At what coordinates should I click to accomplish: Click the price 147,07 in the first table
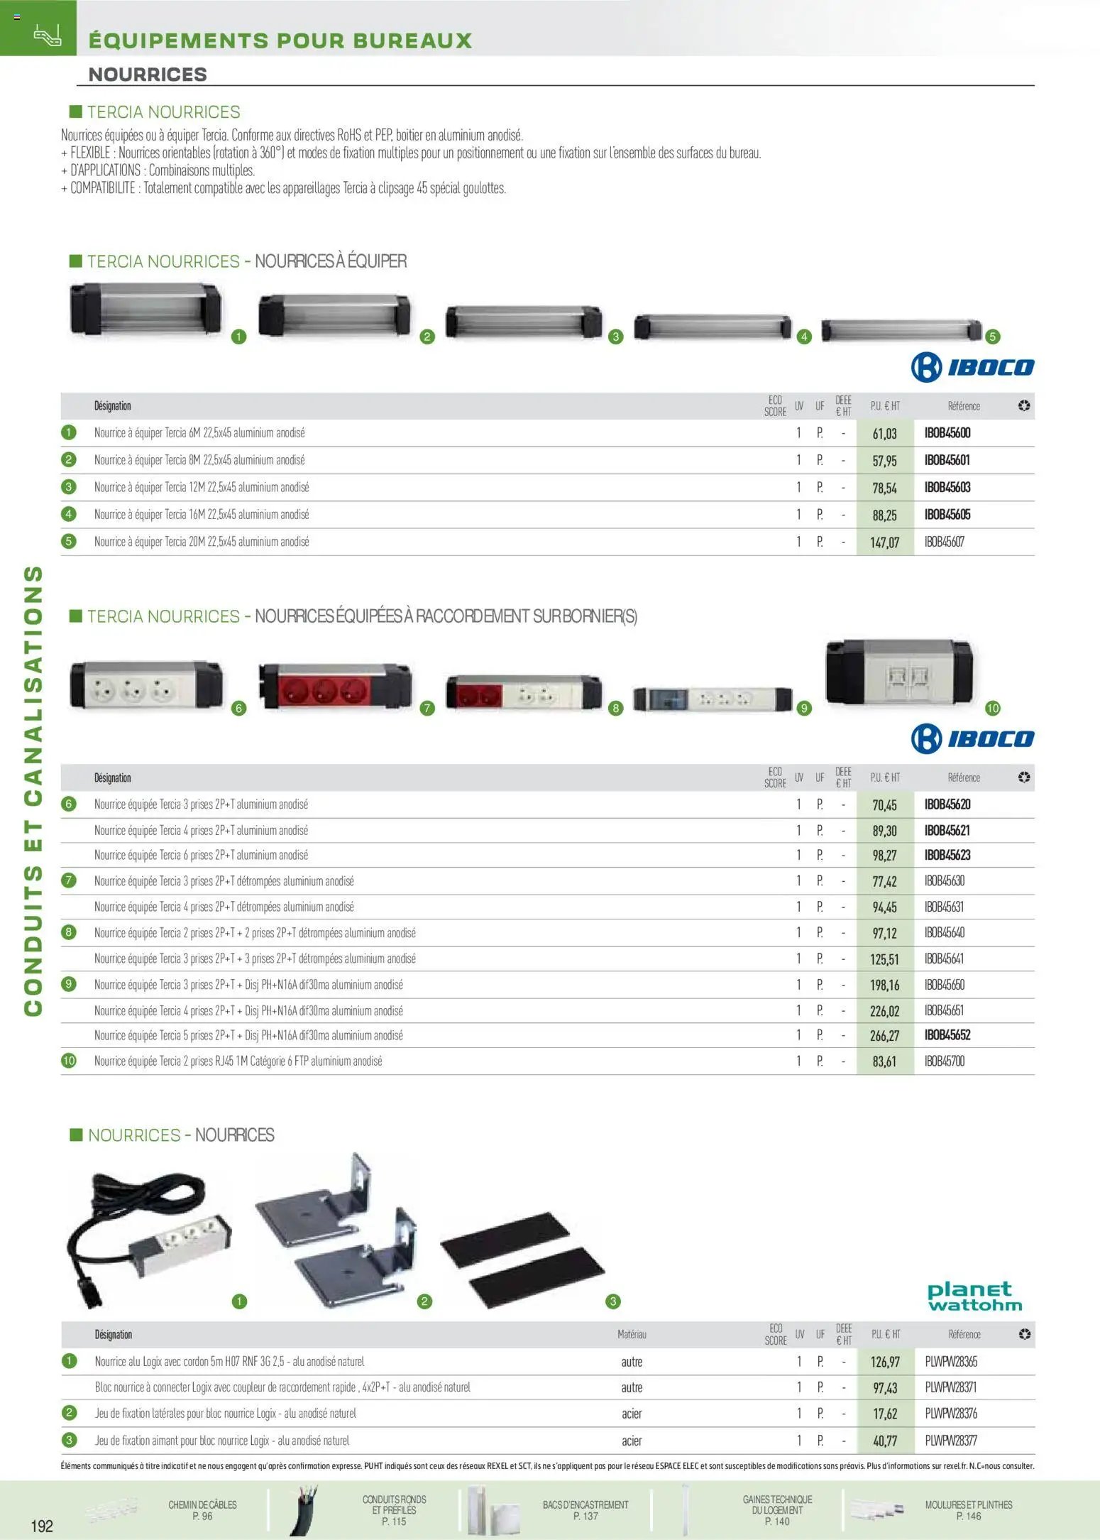(884, 542)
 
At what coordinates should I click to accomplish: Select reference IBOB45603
(947, 488)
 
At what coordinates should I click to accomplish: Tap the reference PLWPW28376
(951, 1414)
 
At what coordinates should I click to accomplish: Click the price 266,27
(884, 1036)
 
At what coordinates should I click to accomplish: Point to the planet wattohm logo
(974, 1296)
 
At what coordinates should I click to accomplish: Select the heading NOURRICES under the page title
(148, 75)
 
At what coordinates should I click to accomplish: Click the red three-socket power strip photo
(334, 686)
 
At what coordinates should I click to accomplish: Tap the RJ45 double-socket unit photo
(898, 676)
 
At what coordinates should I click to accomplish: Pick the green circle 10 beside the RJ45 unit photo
(992, 708)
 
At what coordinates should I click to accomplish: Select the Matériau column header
(632, 1335)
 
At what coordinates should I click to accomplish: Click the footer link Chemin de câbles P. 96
(202, 1510)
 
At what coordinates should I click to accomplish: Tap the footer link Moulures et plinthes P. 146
(968, 1510)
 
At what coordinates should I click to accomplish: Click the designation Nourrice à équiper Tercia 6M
(199, 433)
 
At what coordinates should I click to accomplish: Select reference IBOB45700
(944, 1061)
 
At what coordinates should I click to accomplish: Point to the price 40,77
(885, 1441)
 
